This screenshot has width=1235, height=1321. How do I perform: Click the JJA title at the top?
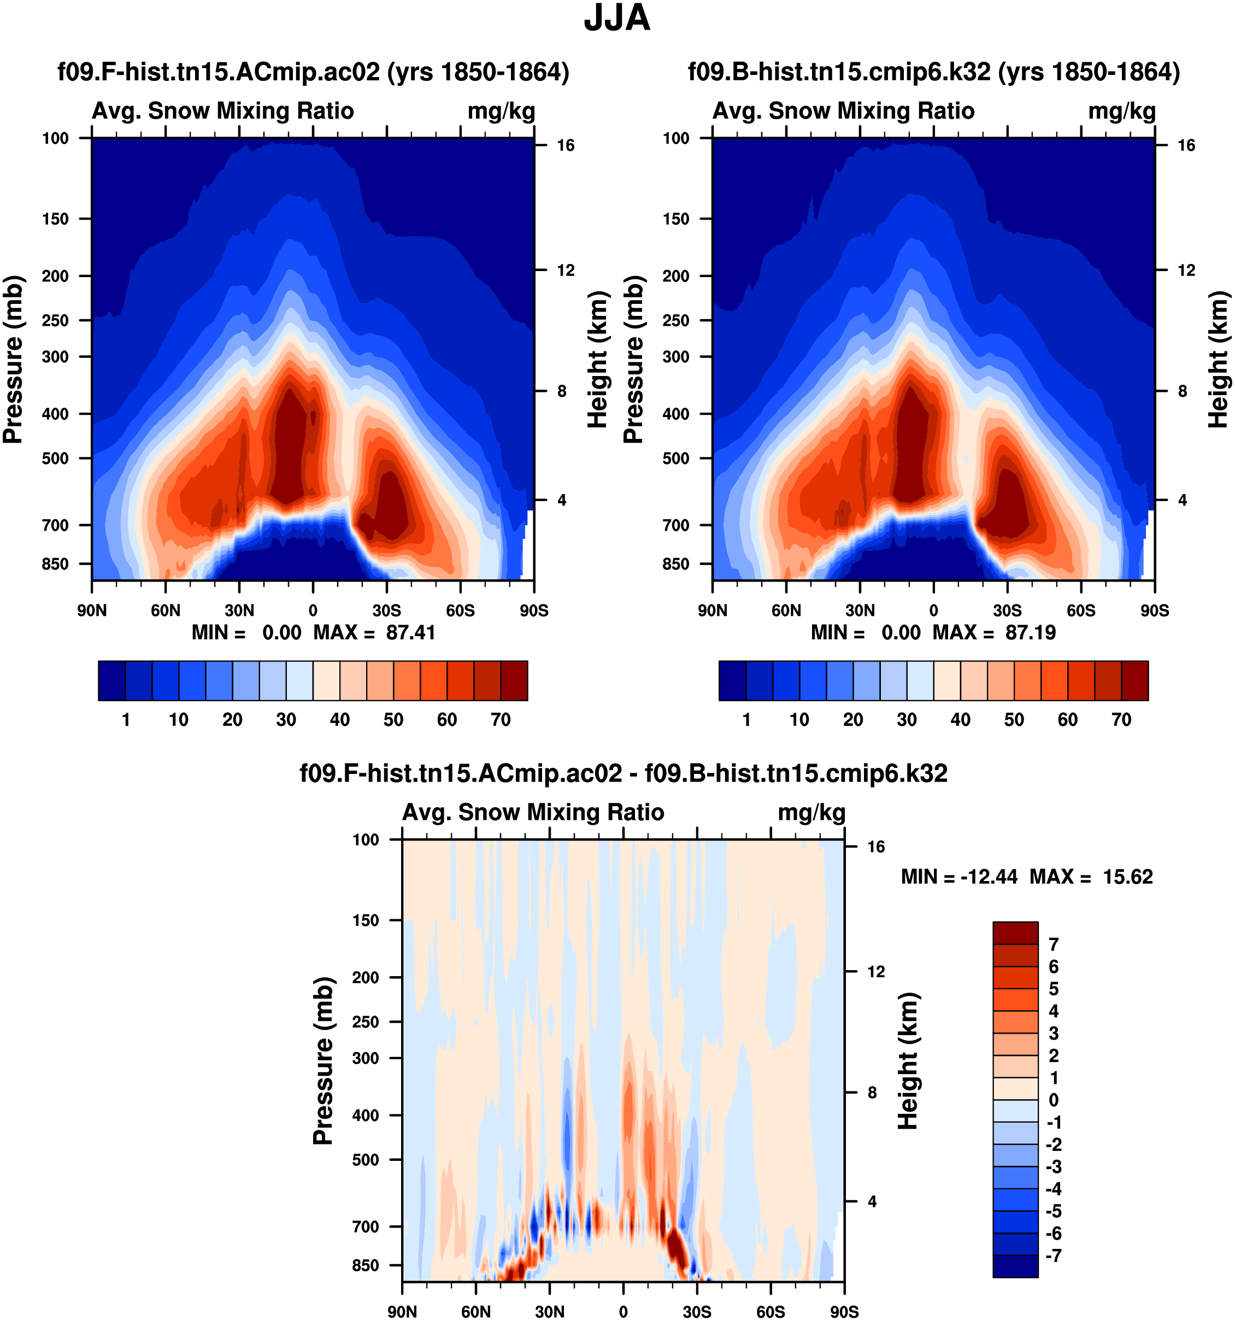[616, 19]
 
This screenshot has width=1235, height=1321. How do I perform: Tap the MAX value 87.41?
[410, 632]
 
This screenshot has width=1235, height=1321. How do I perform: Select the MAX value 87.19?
[1031, 632]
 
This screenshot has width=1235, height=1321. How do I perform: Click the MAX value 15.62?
[1128, 877]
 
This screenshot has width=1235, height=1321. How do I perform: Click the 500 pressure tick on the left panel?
[56, 459]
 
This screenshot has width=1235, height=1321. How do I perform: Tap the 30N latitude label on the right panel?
[860, 610]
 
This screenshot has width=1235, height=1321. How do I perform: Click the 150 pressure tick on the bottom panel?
[366, 920]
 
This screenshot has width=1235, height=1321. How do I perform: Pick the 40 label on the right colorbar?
[961, 720]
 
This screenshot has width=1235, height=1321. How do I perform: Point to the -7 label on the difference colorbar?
[1054, 1256]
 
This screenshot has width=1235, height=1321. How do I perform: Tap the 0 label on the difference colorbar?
[1053, 1100]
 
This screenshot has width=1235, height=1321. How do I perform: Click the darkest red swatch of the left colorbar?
[514, 680]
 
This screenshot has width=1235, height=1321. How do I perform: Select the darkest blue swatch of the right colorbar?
[732, 680]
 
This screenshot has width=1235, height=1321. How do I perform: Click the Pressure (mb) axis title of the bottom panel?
[323, 1060]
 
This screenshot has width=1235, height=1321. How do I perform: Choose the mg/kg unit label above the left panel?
[501, 111]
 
